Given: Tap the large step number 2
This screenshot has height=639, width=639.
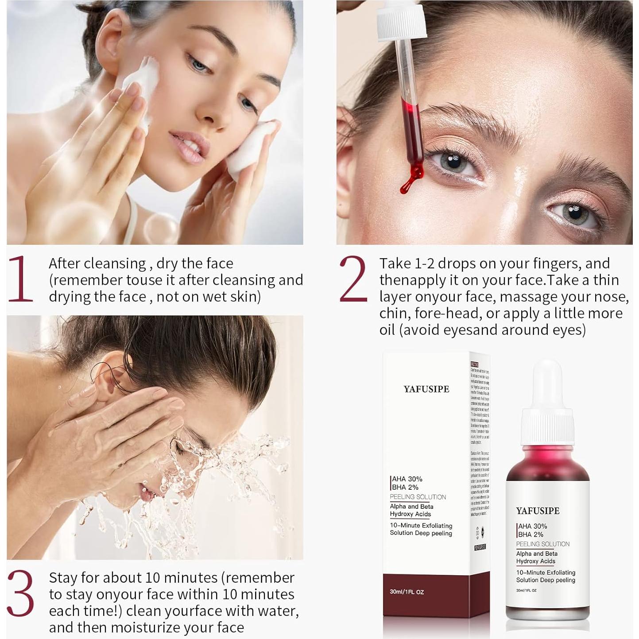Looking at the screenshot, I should [353, 279].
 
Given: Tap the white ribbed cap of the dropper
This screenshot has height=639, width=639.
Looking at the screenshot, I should [401, 20].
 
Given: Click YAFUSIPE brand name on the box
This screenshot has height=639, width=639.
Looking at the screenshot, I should [426, 389].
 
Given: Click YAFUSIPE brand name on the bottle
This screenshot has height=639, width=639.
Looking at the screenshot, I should [538, 511].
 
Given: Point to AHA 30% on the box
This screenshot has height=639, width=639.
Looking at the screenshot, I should [407, 479].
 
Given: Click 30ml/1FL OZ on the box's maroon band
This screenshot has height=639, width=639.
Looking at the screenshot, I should [407, 592].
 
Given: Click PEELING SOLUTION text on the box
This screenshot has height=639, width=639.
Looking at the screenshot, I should [418, 497].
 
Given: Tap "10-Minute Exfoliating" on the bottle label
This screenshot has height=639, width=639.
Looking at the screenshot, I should [546, 573].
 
